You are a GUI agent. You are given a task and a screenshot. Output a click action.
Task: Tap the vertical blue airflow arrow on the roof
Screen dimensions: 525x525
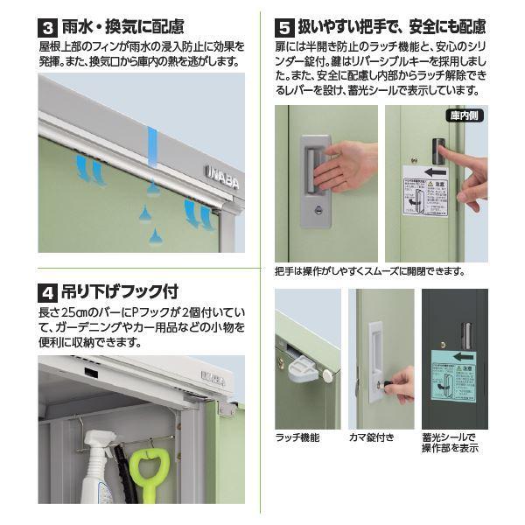(152, 149)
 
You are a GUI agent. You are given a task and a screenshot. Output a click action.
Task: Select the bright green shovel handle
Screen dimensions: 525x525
(146, 476)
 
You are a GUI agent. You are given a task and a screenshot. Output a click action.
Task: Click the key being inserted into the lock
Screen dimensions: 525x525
(398, 382)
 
